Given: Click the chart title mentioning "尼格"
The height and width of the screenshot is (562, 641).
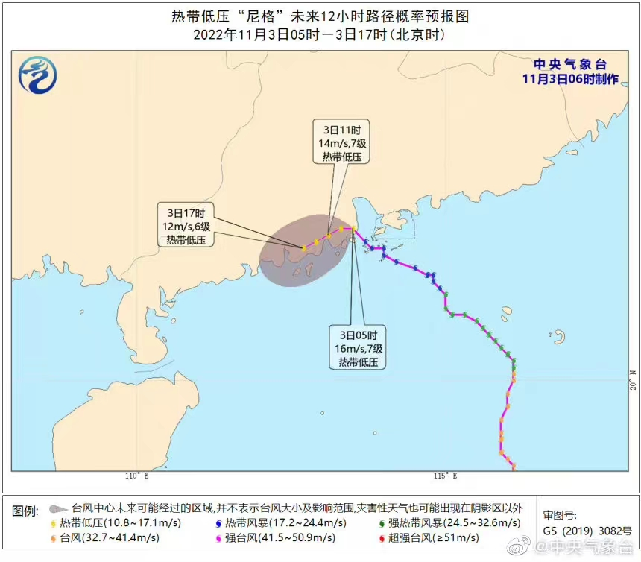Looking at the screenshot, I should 320,16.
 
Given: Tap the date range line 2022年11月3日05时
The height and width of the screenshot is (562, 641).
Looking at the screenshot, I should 320,34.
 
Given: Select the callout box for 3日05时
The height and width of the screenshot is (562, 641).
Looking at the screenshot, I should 358,348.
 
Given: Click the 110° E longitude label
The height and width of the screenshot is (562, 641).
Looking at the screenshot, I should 136,476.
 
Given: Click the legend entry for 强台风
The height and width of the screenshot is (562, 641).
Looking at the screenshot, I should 273,537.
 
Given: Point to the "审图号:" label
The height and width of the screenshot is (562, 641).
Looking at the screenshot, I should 560,515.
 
